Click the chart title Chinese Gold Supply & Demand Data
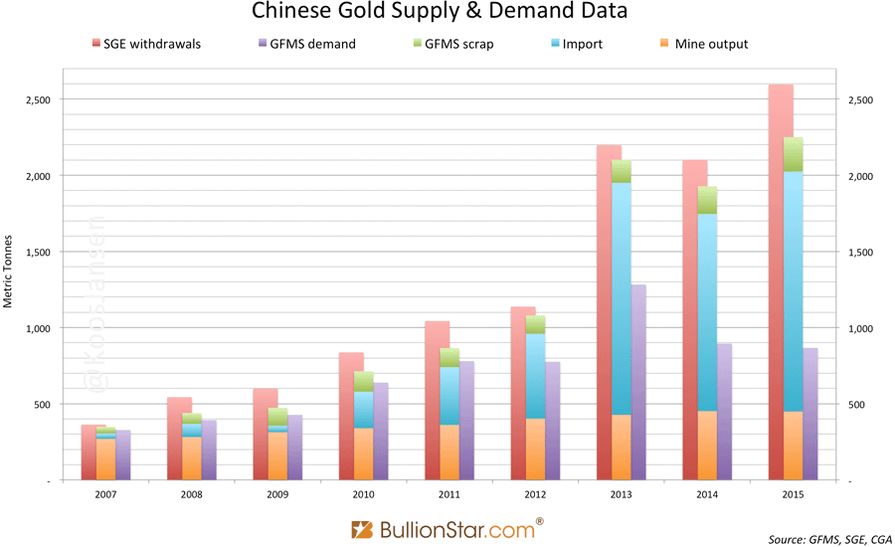pos(446,13)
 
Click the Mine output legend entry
pos(702,44)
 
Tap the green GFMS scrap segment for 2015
pos(793,153)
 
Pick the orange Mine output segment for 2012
pos(535,448)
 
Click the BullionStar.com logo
pos(447,527)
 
